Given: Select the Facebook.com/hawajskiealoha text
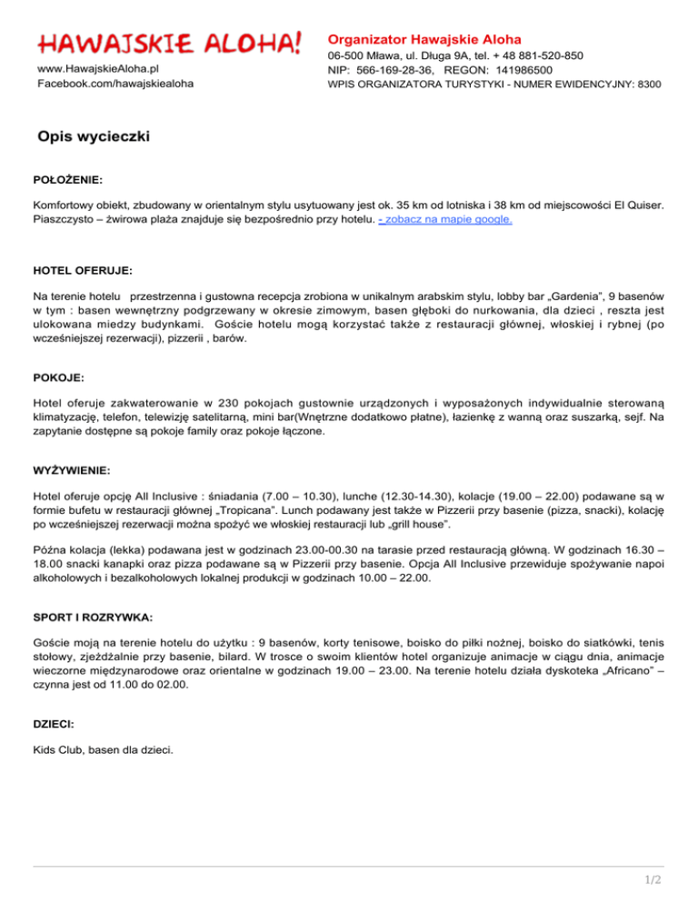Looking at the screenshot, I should pyautogui.click(x=115, y=84).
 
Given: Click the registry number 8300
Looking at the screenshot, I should pyautogui.click(x=648, y=84).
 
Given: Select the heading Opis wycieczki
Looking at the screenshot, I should pyautogui.click(x=94, y=137).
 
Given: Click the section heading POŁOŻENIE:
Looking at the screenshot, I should pyautogui.click(x=68, y=180).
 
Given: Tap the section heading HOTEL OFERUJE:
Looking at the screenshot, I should pyautogui.click(x=83, y=270).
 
